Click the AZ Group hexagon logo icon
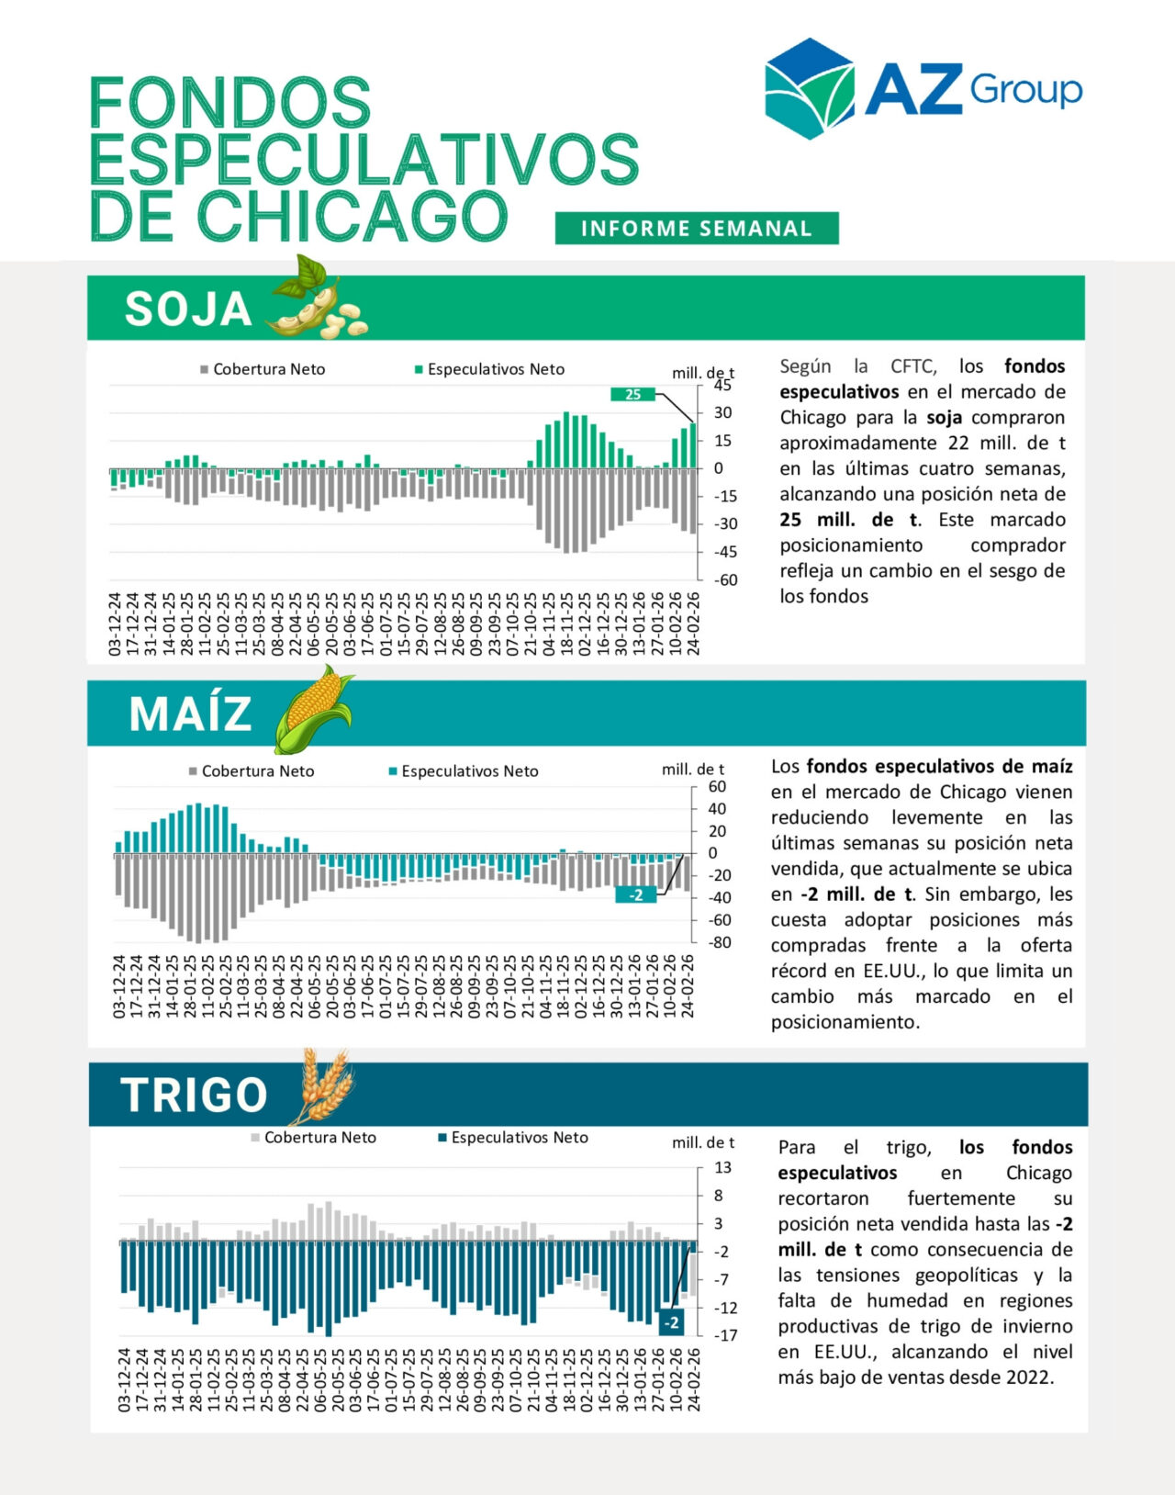click(810, 88)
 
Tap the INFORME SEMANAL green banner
click(697, 229)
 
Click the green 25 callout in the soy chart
click(633, 394)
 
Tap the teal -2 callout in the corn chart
click(636, 894)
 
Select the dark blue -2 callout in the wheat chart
click(672, 1322)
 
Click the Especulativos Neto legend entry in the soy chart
click(495, 369)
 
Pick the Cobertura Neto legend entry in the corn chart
click(257, 771)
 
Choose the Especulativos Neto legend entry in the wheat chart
click(519, 1138)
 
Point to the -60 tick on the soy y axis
click(726, 579)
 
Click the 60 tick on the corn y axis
click(717, 787)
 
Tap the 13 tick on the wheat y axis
click(723, 1167)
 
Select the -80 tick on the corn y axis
click(720, 942)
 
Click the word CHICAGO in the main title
click(353, 217)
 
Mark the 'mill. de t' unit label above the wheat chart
click(703, 1142)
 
